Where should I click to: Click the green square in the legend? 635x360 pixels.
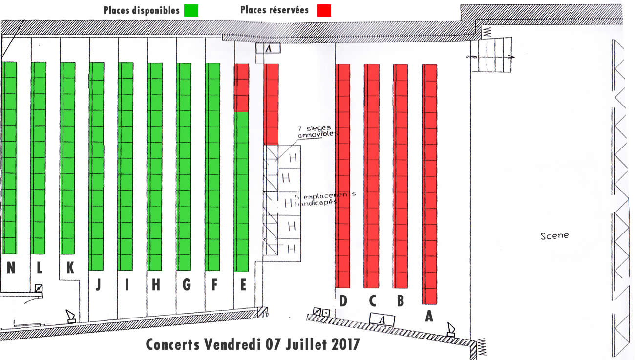point(191,10)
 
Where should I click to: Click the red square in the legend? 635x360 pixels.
point(324,10)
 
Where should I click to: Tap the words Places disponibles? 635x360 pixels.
point(142,10)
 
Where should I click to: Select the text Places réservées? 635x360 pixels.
point(275,10)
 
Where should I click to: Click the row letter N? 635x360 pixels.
point(11,268)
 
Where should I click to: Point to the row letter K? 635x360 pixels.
point(70,267)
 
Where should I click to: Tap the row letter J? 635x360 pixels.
point(98,285)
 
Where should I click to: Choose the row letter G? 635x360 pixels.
point(186,285)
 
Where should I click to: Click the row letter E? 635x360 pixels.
point(243,285)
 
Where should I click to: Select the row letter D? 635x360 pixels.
point(343,301)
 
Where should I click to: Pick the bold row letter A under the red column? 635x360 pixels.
point(429,316)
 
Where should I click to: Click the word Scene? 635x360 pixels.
point(554,236)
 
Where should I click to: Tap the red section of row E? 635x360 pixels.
point(241,87)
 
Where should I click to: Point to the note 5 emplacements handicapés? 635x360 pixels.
point(325,199)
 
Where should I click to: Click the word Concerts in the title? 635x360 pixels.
point(173,345)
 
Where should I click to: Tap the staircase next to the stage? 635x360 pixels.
point(491,55)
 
